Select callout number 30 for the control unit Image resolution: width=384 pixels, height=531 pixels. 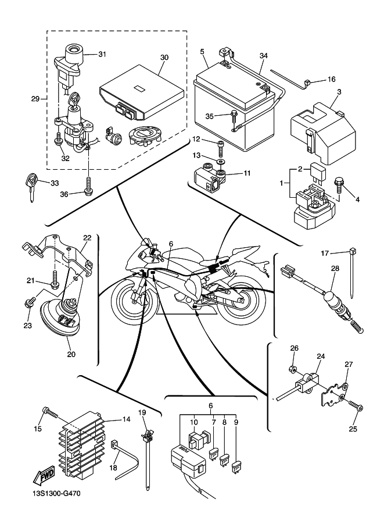coord(164,58)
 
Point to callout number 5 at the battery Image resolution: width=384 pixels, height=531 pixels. coord(202,52)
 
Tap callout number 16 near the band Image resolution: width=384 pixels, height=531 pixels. coord(332,79)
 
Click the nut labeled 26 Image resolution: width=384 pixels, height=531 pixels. coord(295,369)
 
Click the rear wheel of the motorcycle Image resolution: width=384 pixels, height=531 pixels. coord(243,302)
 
